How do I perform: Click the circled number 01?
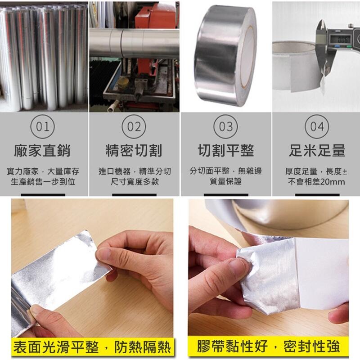[x=42, y=126]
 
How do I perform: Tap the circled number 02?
[x=134, y=126]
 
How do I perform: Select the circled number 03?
[x=225, y=126]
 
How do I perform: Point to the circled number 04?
[x=317, y=126]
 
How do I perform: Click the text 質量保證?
[x=225, y=182]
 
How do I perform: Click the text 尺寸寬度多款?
[x=134, y=182]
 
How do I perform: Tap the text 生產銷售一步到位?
[x=43, y=182]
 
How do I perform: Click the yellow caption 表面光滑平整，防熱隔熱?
[x=92, y=347]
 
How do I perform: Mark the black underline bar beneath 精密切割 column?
[x=134, y=195]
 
